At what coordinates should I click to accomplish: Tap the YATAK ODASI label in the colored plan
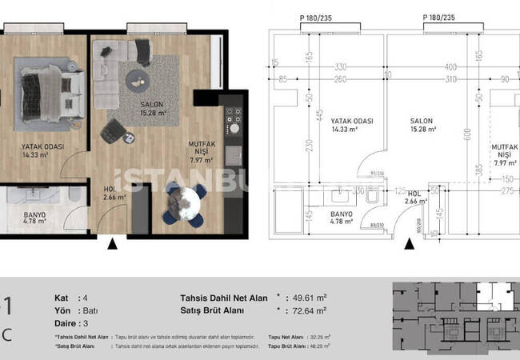(x=42, y=151)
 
